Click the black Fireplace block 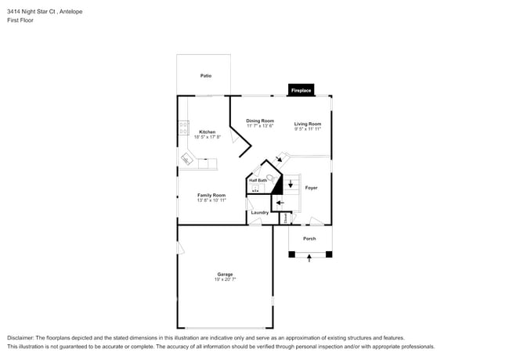pyautogui.click(x=301, y=90)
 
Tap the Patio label pyautogui.click(x=205, y=76)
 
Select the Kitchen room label pyautogui.click(x=207, y=131)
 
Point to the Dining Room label pyautogui.click(x=259, y=121)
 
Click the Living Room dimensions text pyautogui.click(x=308, y=129)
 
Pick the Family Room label pyautogui.click(x=211, y=195)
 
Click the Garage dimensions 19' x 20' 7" pyautogui.click(x=225, y=279)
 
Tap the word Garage pyautogui.click(x=225, y=274)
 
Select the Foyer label pyautogui.click(x=311, y=188)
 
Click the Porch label pyautogui.click(x=309, y=238)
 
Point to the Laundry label pyautogui.click(x=260, y=212)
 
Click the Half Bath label pyautogui.click(x=258, y=181)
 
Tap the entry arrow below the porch pyautogui.click(x=309, y=257)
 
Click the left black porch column pyautogui.click(x=291, y=254)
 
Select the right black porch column pyautogui.click(x=329, y=254)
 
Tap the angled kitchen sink pyautogui.click(x=187, y=160)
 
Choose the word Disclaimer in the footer pyautogui.click(x=20, y=337)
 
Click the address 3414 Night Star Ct pyautogui.click(x=29, y=11)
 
